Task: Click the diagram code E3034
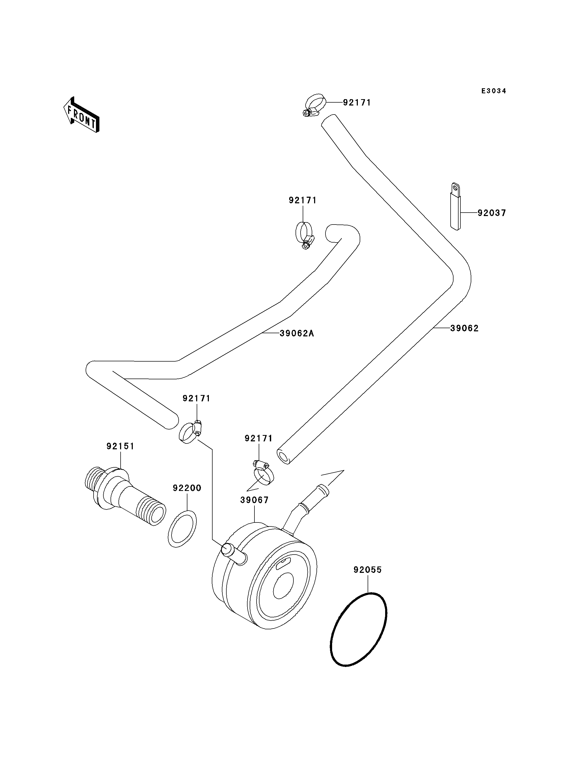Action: coord(494,91)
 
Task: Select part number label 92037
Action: coord(492,213)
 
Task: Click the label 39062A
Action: coord(297,333)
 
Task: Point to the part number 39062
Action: coord(464,328)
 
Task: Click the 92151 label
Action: coord(120,446)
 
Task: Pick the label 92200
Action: coord(187,488)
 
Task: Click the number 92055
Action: coord(368,570)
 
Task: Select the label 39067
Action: coord(254,500)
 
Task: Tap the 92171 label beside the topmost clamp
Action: coord(357,103)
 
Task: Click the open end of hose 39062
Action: coord(284,457)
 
